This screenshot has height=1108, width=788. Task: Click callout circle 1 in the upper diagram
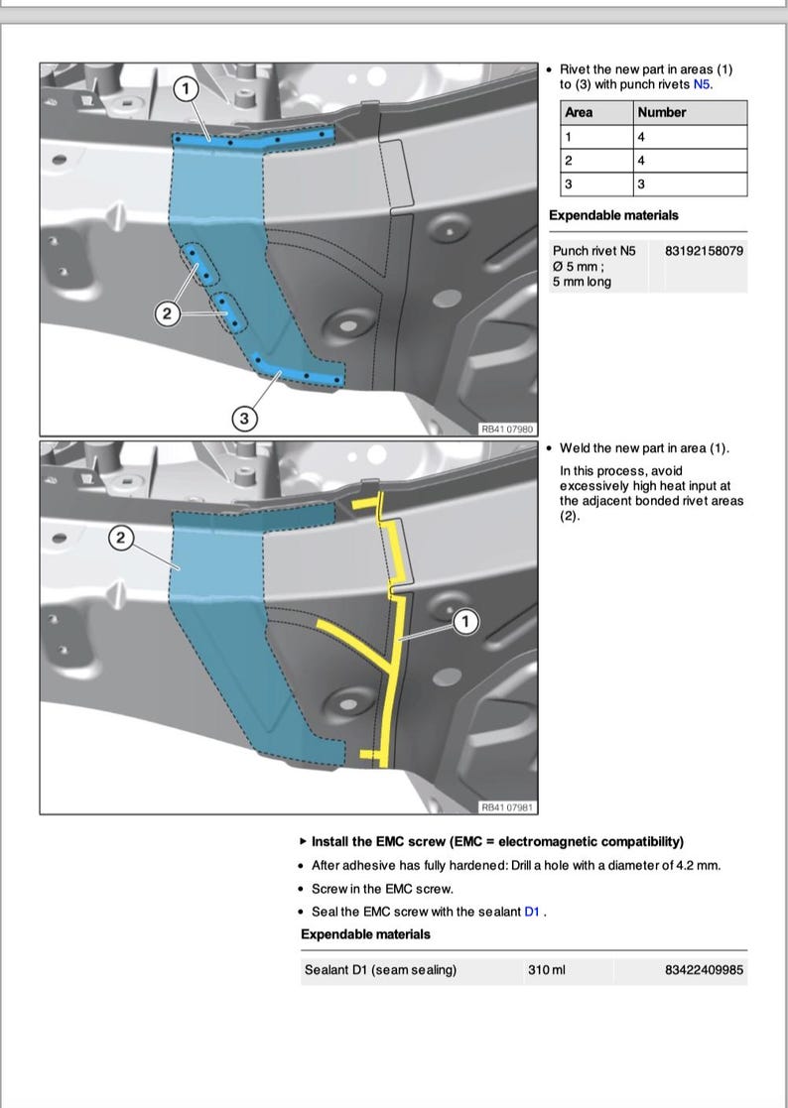186,88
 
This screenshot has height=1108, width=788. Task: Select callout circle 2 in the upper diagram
168,314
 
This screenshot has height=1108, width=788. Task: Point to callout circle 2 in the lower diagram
120,539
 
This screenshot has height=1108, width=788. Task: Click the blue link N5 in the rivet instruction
702,85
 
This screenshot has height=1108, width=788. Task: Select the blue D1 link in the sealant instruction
532,912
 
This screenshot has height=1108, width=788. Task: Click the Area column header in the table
579,112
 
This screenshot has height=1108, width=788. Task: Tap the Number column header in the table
662,112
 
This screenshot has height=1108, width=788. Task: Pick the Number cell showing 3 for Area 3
642,185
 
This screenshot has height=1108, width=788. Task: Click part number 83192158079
704,251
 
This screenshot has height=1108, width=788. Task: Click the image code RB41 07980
506,429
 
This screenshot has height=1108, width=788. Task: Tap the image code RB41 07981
506,806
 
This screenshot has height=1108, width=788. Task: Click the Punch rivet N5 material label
593,251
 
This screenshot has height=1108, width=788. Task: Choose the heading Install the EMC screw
497,841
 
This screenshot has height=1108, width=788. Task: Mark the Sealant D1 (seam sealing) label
380,970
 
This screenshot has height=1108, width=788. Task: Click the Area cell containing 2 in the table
569,161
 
